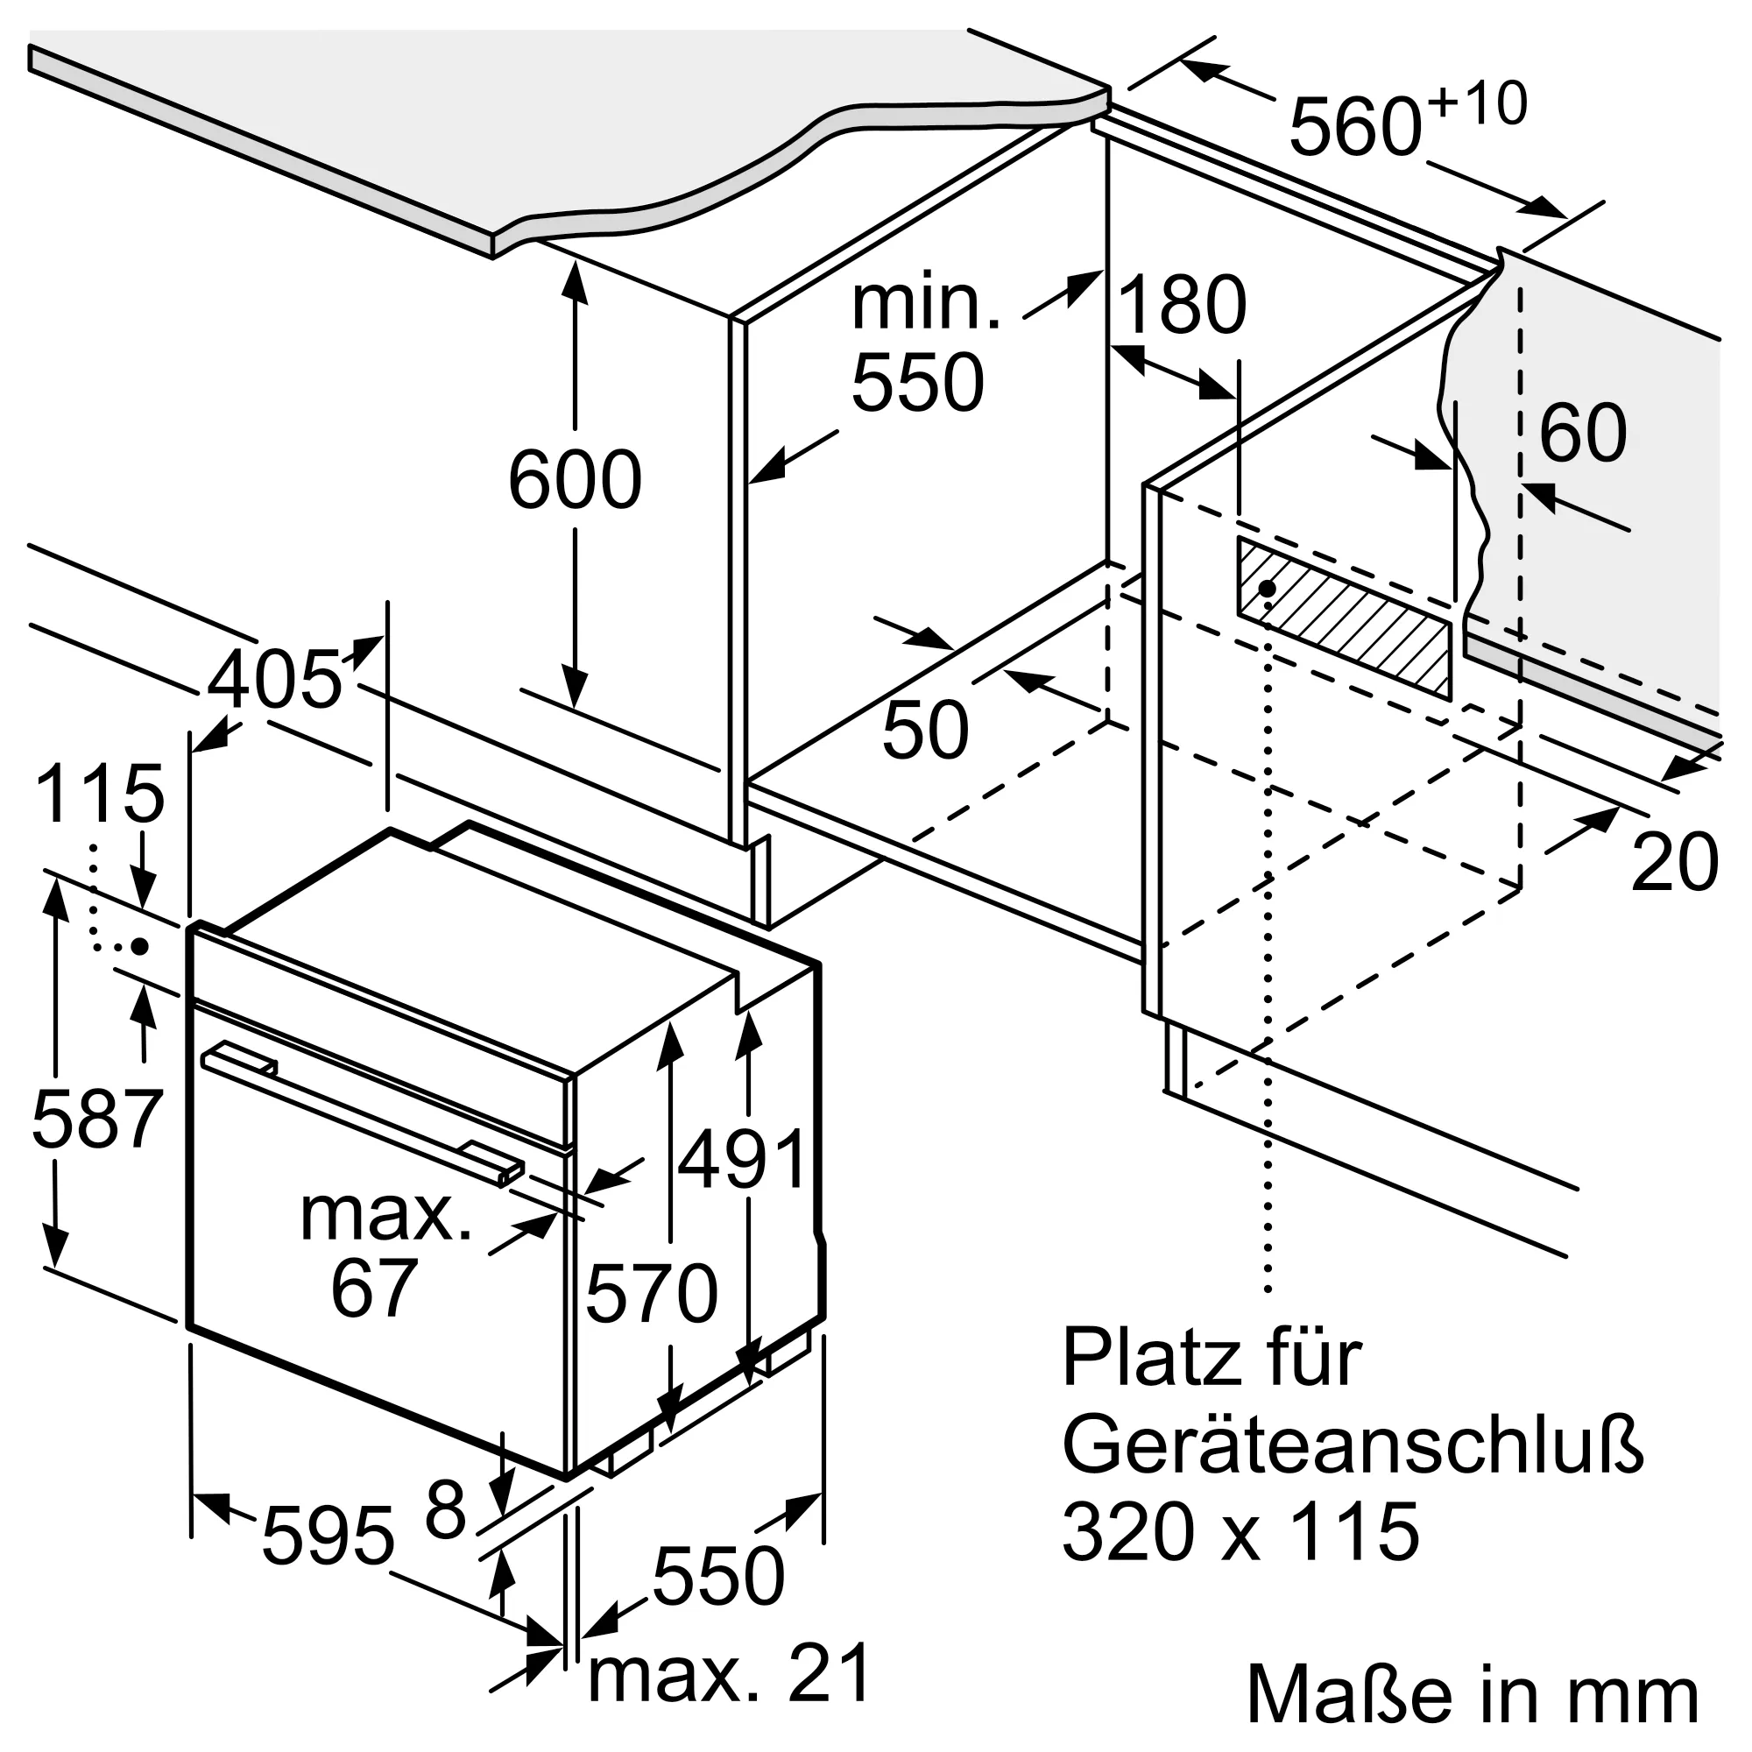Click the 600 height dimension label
(575, 480)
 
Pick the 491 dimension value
(742, 1158)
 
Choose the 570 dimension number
(652, 1294)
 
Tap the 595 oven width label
(328, 1537)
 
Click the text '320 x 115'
(1240, 1531)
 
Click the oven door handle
(363, 1117)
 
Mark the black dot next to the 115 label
(139, 946)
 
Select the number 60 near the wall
(1582, 433)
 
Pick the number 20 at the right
(1674, 861)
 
